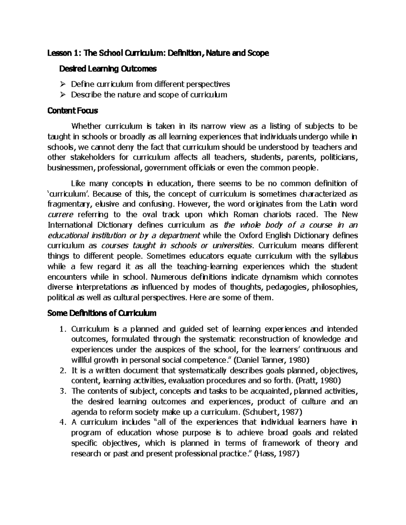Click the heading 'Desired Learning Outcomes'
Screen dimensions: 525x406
(108, 69)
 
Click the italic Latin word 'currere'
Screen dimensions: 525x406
(60, 215)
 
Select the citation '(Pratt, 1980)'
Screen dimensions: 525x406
(318, 380)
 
